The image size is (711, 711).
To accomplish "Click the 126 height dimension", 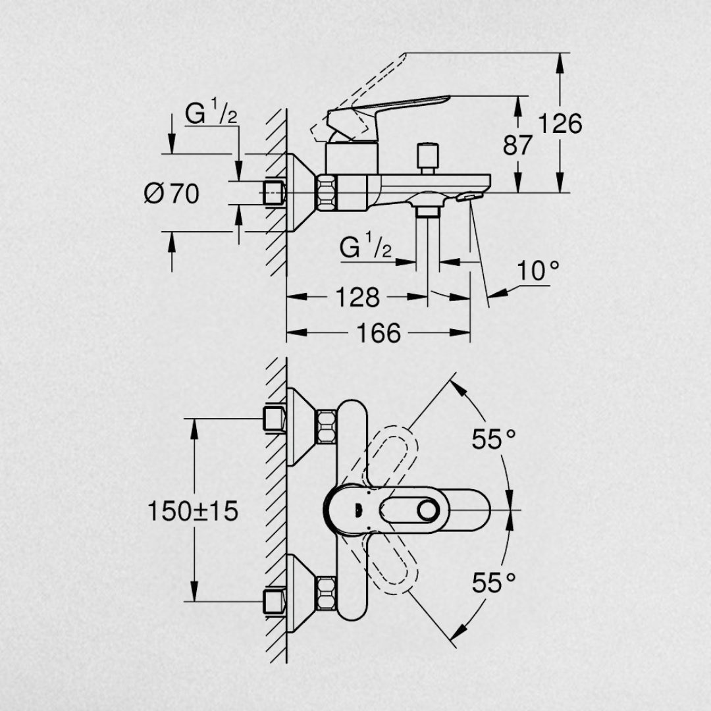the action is click(x=560, y=123).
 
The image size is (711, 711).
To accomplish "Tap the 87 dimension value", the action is click(x=517, y=145).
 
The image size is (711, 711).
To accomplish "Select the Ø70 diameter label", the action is click(x=171, y=194).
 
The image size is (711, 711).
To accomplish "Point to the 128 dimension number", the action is click(x=357, y=298).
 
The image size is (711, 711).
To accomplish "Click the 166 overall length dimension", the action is click(x=379, y=333).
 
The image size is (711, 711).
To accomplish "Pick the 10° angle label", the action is click(x=538, y=271).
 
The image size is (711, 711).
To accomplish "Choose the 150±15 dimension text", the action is click(x=193, y=512).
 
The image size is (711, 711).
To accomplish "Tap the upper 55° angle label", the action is click(x=493, y=439).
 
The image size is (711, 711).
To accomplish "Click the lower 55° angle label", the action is click(x=493, y=583).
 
